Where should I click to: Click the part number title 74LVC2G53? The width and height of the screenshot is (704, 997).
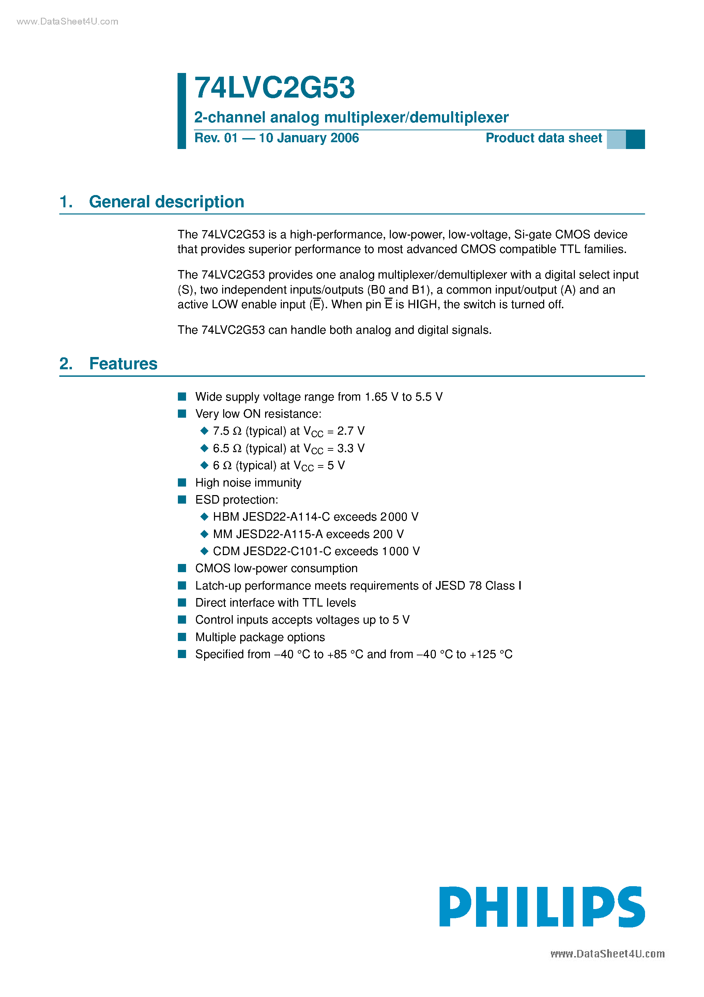[x=274, y=88]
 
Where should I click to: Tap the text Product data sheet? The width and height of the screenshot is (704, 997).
[x=544, y=138]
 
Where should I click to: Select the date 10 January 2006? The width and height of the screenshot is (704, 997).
[x=309, y=138]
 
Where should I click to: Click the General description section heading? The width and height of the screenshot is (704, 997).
[x=166, y=202]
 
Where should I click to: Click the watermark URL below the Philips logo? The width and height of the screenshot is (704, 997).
[x=607, y=954]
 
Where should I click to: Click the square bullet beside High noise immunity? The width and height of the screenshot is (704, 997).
[x=182, y=482]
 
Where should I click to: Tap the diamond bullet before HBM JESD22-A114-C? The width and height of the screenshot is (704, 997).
[x=204, y=517]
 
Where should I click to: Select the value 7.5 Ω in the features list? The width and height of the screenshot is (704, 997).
[x=227, y=431]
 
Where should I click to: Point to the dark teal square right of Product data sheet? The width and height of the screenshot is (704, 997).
[x=635, y=139]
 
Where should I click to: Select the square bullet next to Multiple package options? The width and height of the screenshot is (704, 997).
[x=182, y=637]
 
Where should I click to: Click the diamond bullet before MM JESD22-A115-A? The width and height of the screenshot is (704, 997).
[x=204, y=534]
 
